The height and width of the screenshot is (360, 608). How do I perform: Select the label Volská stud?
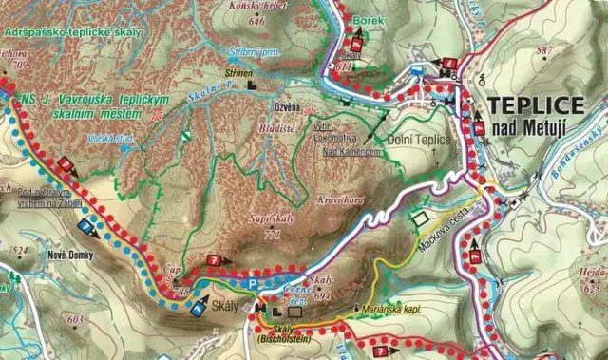pyautogui.click(x=107, y=138)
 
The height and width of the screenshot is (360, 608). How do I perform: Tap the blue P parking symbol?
pyautogui.click(x=251, y=282)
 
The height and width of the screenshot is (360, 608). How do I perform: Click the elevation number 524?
pyautogui.click(x=17, y=252)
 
